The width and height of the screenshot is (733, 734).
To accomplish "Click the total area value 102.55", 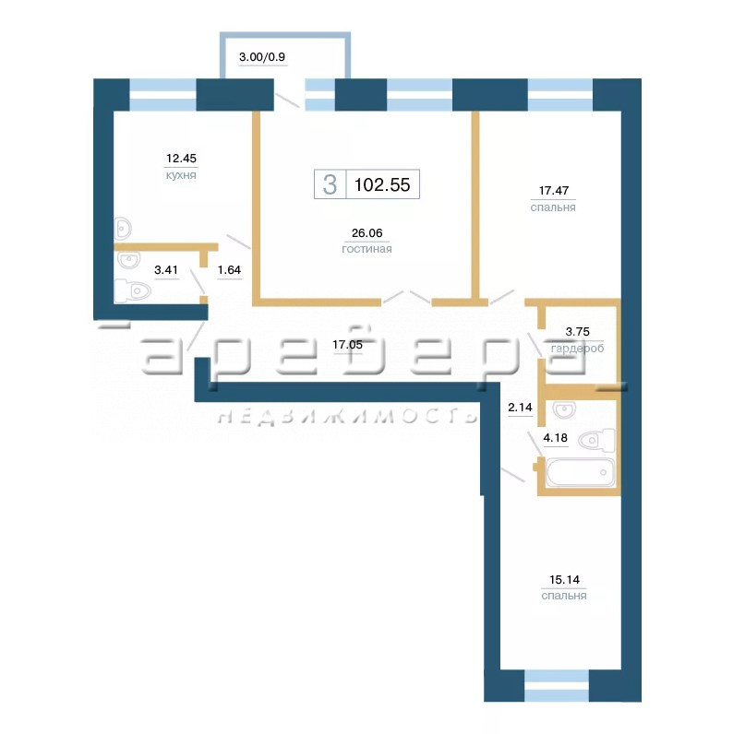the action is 382,185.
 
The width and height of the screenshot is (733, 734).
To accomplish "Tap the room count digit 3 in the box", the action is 330,184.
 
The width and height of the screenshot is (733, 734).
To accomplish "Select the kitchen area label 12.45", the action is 181,159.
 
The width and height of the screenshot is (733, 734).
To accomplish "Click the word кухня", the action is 181,175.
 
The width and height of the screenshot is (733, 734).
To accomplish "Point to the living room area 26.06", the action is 367,232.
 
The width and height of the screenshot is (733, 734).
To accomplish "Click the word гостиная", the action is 367,249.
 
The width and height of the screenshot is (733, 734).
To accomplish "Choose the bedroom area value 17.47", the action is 554,191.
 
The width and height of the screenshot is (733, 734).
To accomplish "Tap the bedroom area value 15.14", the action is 564,579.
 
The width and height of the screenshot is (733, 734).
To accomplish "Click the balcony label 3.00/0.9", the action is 262,57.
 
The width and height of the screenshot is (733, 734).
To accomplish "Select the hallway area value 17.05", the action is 347,345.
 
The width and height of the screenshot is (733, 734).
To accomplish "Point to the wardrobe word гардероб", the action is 577,349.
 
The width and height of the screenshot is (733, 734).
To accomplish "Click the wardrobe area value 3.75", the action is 577,332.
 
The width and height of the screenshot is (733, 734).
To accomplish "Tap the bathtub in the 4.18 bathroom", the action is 580,472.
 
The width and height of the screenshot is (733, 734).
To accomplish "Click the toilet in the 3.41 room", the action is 133,290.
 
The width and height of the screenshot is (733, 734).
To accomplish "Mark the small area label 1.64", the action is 229,270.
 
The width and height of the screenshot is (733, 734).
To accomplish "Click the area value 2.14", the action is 521,408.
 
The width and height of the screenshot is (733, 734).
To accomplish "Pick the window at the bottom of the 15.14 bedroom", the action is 557,685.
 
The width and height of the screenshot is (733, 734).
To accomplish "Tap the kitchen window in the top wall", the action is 162,95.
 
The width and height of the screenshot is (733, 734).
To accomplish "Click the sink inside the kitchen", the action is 124,229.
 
